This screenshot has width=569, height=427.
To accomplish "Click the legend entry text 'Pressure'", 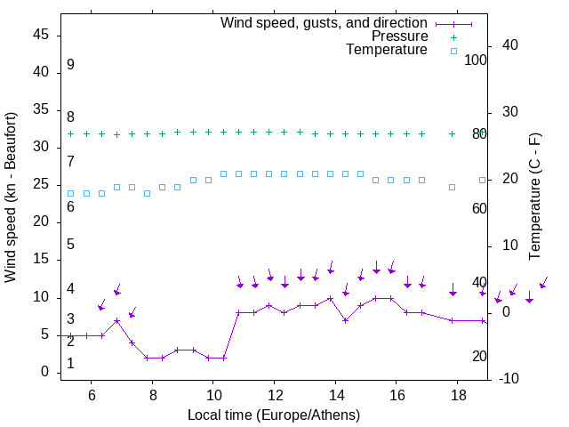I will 399,36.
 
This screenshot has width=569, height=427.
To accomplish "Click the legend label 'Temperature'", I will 387,51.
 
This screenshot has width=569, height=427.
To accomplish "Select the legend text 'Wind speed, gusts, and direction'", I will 325,22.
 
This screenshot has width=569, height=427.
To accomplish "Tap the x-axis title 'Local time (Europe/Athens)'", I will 274,415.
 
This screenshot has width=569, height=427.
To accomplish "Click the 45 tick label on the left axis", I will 41,35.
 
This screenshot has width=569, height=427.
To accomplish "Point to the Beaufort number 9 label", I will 70,65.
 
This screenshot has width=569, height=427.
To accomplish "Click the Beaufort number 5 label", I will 70,245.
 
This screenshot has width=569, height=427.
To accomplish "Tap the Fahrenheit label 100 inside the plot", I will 476,60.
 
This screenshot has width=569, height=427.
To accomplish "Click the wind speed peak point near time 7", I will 116,320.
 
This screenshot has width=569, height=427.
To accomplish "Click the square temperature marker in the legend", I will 453,51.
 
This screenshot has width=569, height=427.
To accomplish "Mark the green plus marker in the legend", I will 453,36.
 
